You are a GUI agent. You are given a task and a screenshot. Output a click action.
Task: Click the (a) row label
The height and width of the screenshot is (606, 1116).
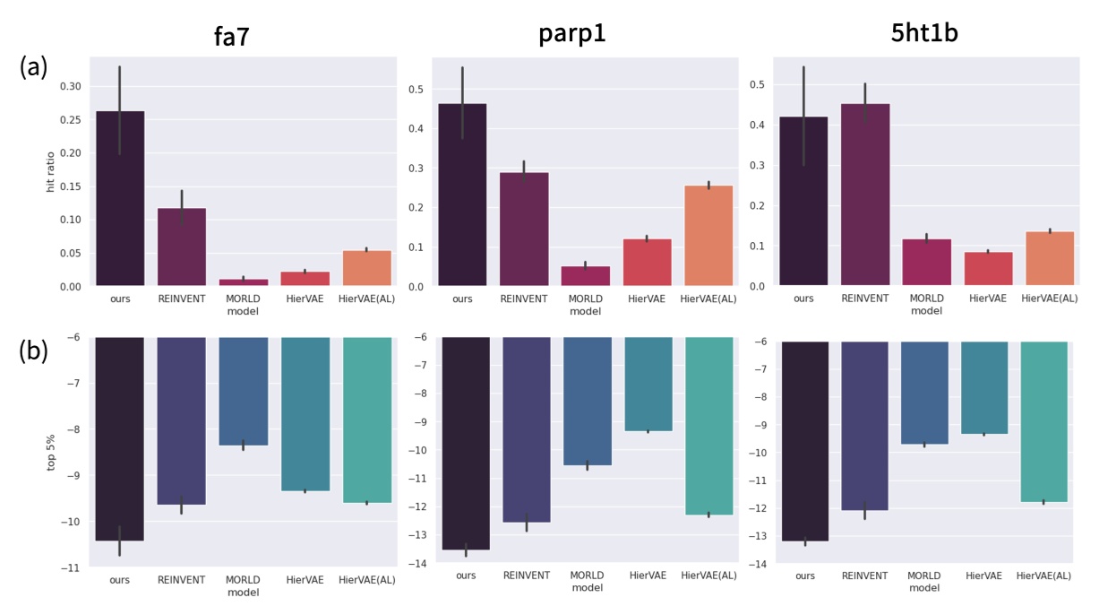(x=36, y=67)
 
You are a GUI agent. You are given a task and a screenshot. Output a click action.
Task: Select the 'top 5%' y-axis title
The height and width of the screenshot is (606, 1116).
(x=51, y=453)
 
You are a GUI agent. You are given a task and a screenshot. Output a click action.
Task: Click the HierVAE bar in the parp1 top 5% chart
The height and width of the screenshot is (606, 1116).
(x=647, y=384)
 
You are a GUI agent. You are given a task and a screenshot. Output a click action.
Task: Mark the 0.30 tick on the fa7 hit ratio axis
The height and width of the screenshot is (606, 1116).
(x=69, y=86)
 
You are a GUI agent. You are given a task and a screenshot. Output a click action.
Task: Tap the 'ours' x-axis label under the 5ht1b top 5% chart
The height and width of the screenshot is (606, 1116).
(x=803, y=576)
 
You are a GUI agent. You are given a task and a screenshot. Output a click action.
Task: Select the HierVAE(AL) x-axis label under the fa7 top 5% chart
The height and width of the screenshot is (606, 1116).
(x=366, y=580)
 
